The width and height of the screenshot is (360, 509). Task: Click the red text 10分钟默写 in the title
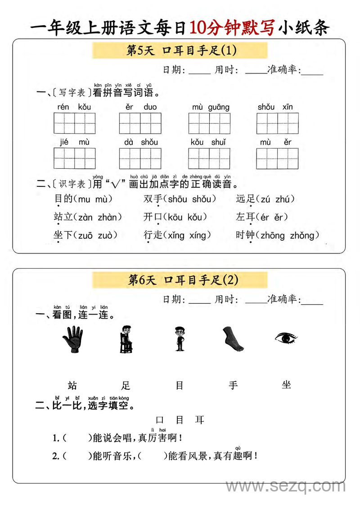231,28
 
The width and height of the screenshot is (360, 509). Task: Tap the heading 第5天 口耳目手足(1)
180,50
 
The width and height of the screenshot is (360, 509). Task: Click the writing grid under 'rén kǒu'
75,123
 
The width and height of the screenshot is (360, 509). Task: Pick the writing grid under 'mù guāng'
209,123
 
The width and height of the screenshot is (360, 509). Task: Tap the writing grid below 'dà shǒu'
140,158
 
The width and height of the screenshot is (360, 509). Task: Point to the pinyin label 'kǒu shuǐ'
208,142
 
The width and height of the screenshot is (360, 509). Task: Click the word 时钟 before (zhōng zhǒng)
245,235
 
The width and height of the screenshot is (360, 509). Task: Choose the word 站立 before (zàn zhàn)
63,217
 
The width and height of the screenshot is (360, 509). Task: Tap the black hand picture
72,339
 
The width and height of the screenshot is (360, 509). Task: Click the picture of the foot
233,339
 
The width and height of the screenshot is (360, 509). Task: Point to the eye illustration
286,338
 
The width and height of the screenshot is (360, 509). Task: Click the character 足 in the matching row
126,385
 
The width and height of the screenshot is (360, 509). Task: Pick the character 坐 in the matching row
286,385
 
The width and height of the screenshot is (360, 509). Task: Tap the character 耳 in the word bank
200,420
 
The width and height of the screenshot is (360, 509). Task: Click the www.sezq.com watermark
285,486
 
